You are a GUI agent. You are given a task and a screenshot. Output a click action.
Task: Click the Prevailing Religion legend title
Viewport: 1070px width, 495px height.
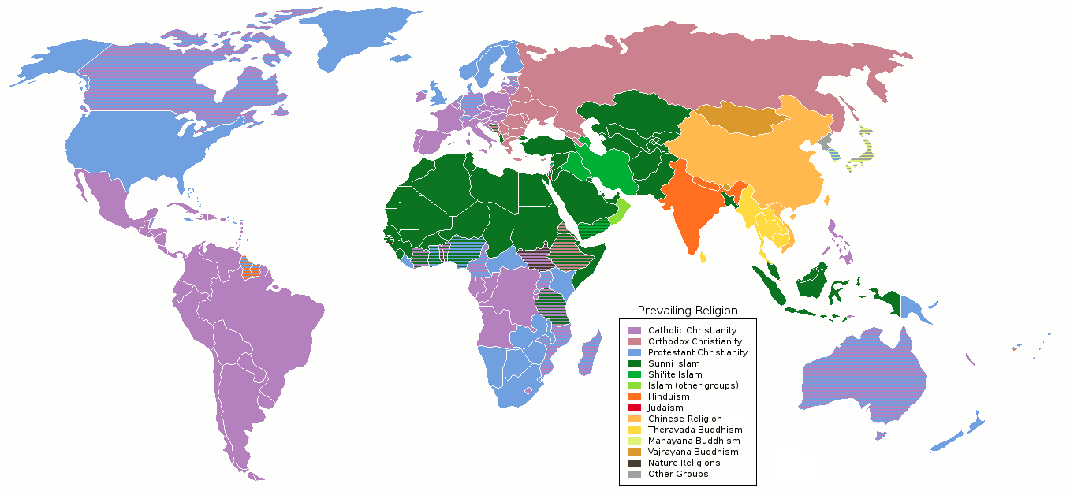click(688, 311)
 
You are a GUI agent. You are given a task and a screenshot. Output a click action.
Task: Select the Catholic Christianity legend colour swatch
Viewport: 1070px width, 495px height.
click(634, 330)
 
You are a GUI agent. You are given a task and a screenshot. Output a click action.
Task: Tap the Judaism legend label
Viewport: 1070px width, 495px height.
click(665, 408)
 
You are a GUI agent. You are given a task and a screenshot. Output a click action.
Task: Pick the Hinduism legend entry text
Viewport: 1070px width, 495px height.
click(669, 396)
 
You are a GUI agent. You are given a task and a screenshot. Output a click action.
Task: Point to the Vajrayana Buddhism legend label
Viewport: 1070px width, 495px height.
click(693, 452)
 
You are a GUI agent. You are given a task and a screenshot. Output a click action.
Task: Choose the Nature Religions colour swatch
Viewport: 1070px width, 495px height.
click(634, 463)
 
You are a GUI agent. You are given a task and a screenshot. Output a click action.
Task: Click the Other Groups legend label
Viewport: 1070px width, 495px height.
click(678, 474)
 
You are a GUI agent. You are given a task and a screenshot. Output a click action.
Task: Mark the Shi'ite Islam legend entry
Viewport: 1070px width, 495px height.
click(674, 374)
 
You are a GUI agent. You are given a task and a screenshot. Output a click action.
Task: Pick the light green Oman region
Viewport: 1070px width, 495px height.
click(622, 210)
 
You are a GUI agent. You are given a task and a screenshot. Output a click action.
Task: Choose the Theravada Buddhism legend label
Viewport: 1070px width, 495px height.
click(695, 430)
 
